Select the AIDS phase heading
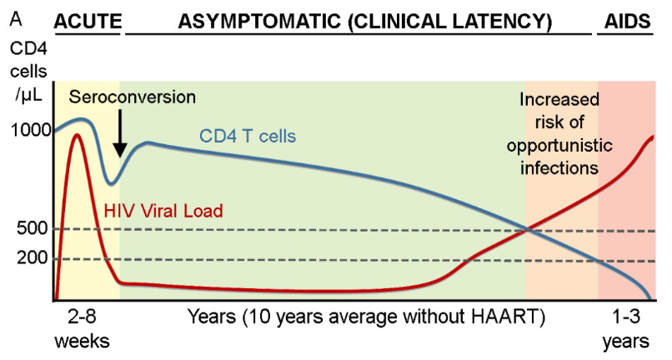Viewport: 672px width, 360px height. [x=624, y=20]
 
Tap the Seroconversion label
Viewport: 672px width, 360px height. [x=132, y=97]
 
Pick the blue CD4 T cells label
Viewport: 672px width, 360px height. [x=248, y=136]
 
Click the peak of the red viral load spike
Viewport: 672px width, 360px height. [x=78, y=134]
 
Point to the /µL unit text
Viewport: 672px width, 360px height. [x=27, y=94]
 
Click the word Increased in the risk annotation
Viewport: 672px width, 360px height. [x=559, y=101]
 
